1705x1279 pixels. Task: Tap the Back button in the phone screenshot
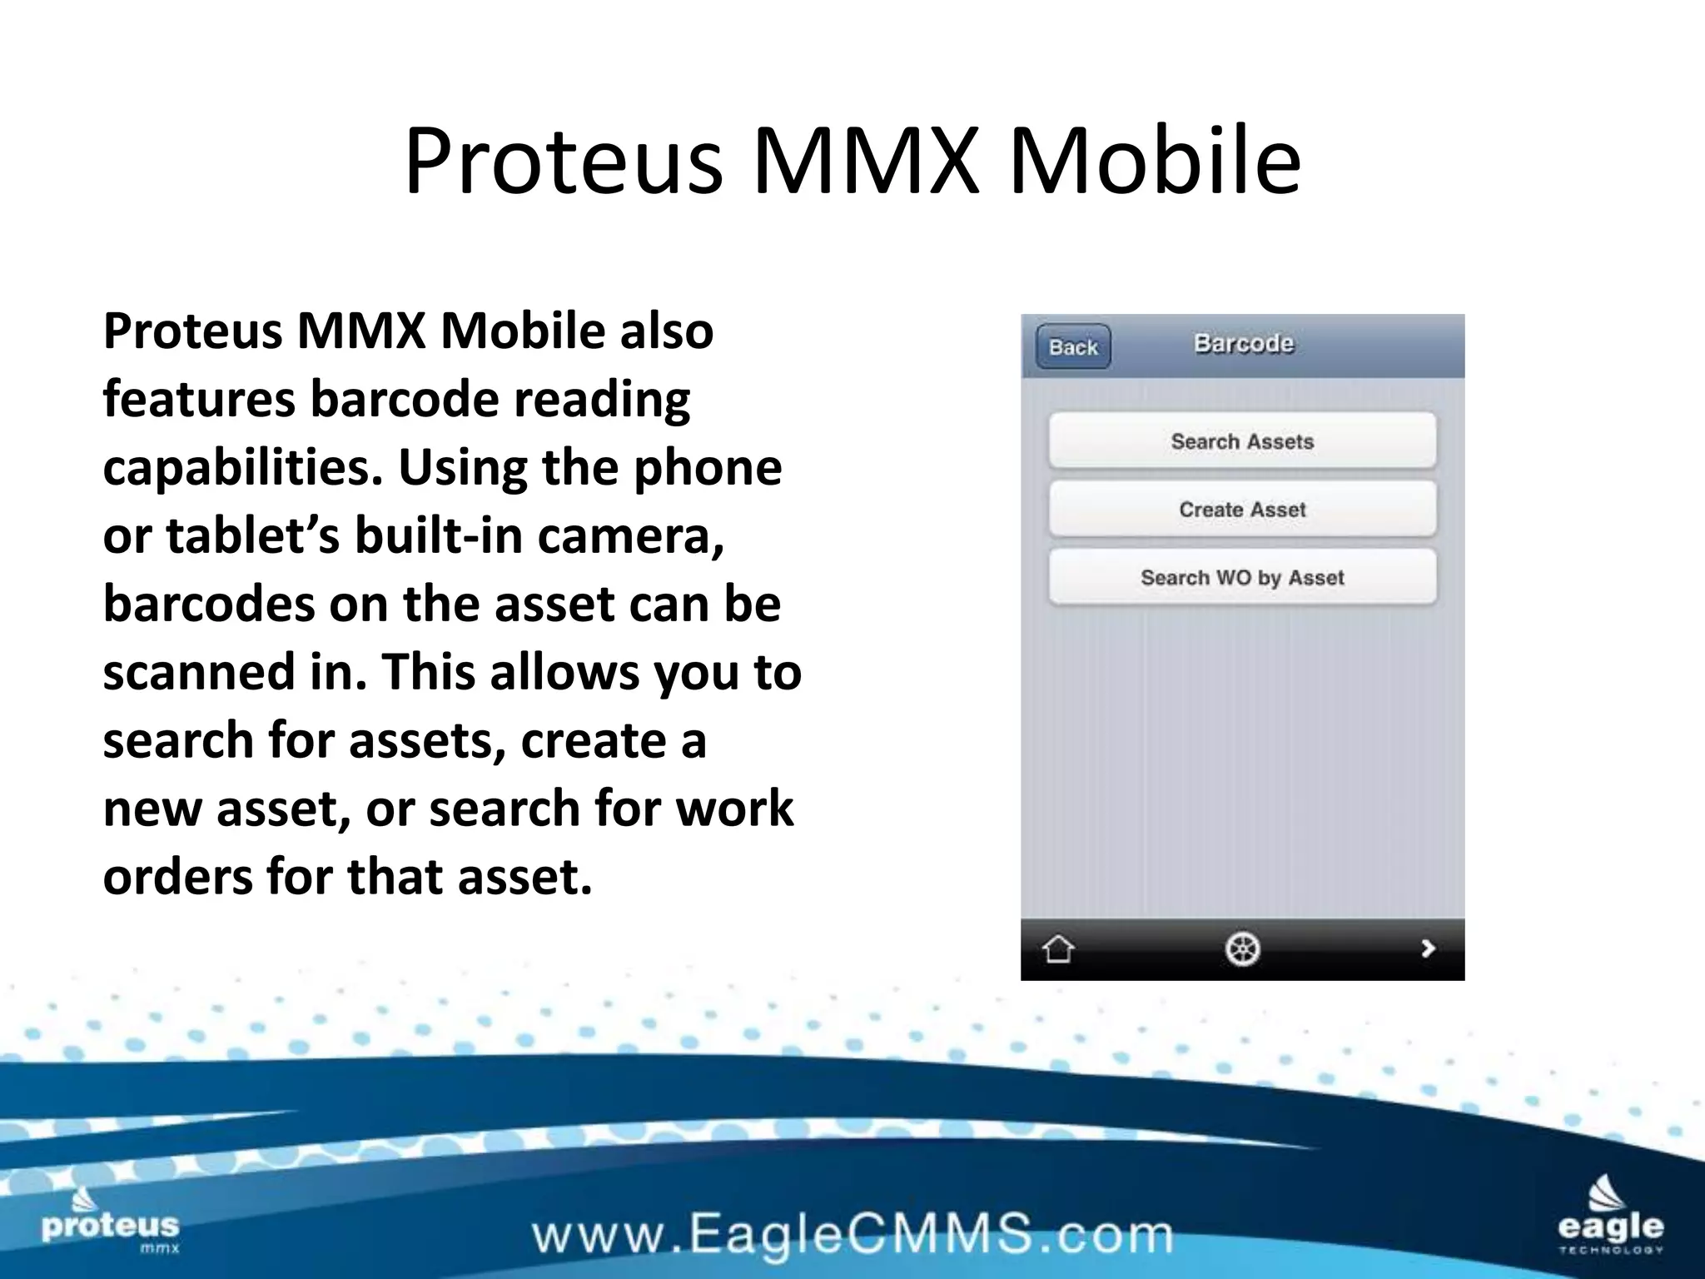1073,346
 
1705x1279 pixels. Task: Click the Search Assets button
1242,441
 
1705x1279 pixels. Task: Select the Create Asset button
1242,510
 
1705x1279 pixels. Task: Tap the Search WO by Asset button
1242,578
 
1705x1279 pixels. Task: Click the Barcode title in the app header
1244,344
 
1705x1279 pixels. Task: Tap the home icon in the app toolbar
1058,948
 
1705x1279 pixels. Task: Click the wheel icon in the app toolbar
1242,948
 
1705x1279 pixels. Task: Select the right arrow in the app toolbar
1428,948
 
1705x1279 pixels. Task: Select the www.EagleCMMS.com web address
852,1235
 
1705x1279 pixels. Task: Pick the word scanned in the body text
199,672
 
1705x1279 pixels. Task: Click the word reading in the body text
601,399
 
